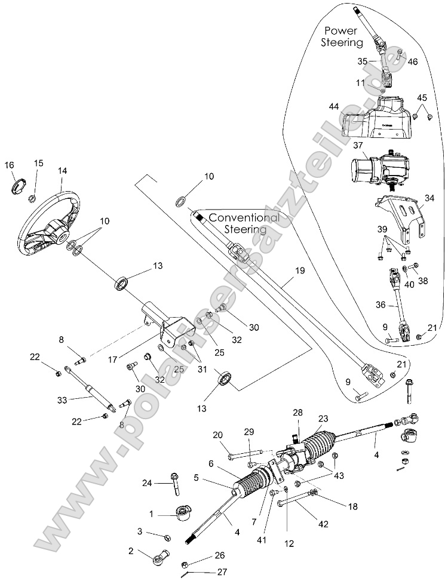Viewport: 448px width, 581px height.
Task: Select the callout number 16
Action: (10, 165)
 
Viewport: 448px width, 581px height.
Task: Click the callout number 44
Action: (333, 106)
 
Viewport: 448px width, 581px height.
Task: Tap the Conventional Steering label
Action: (244, 223)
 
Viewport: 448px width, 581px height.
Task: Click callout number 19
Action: (299, 270)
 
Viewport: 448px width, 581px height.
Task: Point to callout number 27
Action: (222, 571)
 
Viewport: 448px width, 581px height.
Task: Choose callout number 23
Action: (324, 419)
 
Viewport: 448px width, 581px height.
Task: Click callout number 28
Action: (297, 412)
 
